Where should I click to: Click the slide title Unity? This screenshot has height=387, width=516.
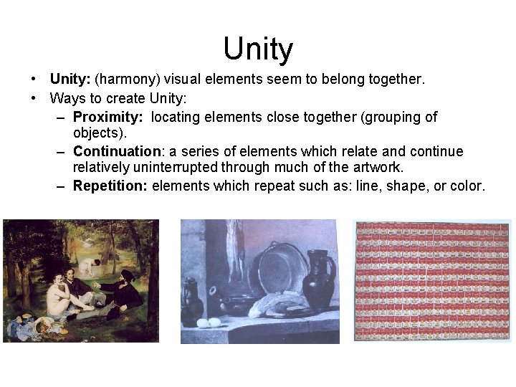tap(258, 49)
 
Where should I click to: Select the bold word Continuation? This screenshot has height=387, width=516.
tap(118, 151)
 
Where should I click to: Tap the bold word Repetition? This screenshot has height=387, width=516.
tap(110, 186)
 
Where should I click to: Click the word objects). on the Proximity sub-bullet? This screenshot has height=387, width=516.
tap(100, 133)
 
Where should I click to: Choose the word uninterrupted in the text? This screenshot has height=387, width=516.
tap(176, 168)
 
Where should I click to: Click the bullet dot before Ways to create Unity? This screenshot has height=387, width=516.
tap(34, 97)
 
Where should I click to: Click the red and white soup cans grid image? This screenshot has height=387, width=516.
tap(433, 280)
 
